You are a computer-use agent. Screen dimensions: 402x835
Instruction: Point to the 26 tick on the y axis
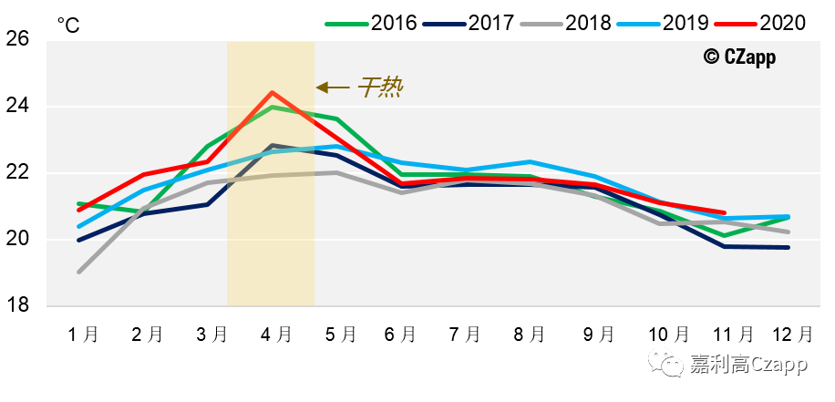19,39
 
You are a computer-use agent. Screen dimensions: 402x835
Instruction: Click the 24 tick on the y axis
19,107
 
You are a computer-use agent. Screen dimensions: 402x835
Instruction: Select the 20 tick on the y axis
19,240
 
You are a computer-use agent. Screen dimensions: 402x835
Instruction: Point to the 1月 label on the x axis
83,335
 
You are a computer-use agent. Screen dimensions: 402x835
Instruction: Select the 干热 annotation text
379,88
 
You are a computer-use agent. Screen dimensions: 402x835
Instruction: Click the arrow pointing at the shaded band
333,88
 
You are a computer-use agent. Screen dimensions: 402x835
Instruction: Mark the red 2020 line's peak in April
273,92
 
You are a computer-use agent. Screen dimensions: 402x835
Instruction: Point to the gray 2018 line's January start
79,272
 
